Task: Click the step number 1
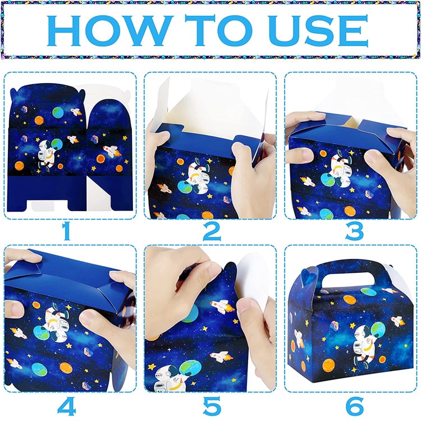click(66, 231)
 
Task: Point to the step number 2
click(212, 231)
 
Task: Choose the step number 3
click(354, 231)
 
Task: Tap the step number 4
click(67, 405)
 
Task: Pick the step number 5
click(212, 406)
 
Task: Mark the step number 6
click(355, 406)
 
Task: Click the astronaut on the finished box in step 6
click(367, 344)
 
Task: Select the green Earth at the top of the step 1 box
click(58, 112)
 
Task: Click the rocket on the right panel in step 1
click(112, 151)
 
